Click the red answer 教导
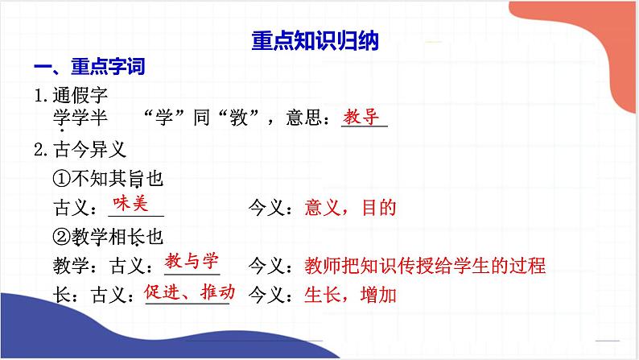coord(361,117)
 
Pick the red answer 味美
coord(131,205)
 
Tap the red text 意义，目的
coord(351,208)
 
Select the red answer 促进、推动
coord(188,291)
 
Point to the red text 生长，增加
coord(351,295)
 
